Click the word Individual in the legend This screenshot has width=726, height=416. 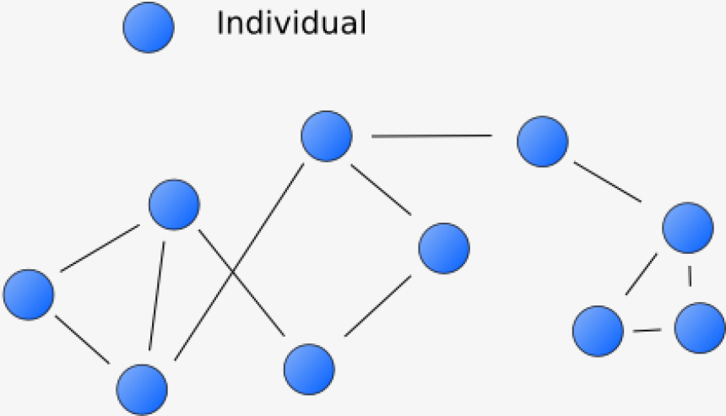291,23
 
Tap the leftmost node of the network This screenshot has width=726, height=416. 29,294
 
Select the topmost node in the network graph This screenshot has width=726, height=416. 326,136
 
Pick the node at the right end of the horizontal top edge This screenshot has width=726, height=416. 543,141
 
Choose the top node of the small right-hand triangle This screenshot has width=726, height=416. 688,227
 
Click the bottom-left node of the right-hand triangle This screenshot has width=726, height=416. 598,330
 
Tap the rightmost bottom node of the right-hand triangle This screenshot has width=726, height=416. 700,327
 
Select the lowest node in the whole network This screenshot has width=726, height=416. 142,389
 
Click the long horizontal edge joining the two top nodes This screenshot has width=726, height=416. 431,136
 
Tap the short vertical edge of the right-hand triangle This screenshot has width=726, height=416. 691,277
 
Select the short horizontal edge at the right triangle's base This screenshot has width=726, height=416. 647,329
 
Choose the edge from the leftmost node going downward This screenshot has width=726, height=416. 83,339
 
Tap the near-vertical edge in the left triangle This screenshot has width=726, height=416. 157,295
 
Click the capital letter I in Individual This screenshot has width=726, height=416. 220,23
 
